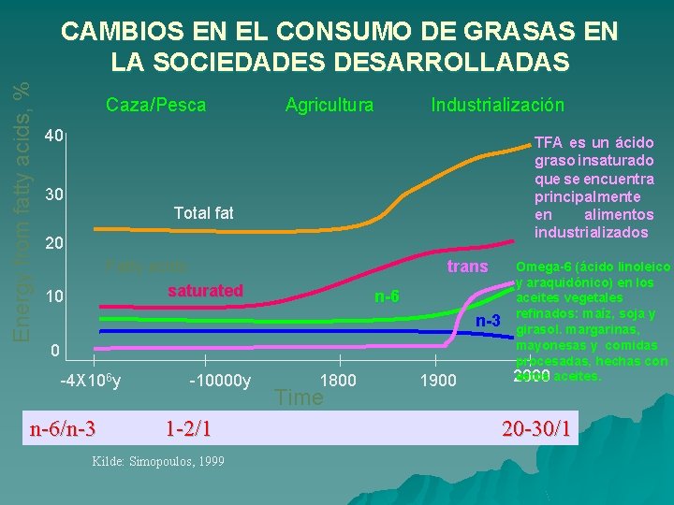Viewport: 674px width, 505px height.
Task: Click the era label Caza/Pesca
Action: (155, 105)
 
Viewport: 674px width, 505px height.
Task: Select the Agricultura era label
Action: (329, 105)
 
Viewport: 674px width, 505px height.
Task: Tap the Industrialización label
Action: (497, 105)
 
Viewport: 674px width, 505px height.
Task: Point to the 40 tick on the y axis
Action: (54, 137)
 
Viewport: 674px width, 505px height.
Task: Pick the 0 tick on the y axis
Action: (56, 351)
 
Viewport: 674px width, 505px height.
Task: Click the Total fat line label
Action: (203, 213)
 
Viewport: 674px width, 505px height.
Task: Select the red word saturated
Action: (205, 290)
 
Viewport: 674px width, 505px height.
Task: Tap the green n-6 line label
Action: (387, 297)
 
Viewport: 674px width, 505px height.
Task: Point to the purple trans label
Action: (467, 267)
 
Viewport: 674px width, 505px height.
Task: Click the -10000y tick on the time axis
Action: (220, 381)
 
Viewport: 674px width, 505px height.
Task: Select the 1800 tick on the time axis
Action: (338, 381)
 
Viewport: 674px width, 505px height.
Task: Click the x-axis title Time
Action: (299, 397)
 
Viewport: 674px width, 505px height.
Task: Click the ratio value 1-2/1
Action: (187, 429)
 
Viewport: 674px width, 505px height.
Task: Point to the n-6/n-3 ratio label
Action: (63, 429)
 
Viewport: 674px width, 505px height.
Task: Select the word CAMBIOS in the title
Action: (119, 32)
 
